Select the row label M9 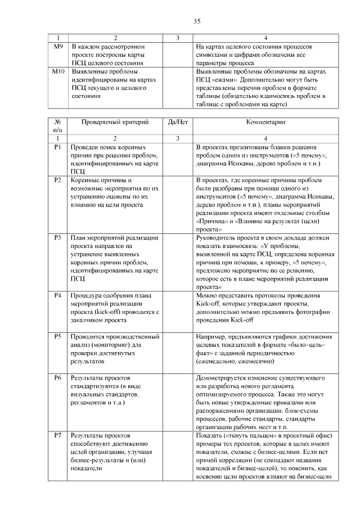coord(57,46)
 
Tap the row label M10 coord(58,71)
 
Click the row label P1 coord(57,146)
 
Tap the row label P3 coord(57,238)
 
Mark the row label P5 coord(57,336)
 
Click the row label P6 coord(57,377)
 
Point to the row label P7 coord(57,436)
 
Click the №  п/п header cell coord(57,125)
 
